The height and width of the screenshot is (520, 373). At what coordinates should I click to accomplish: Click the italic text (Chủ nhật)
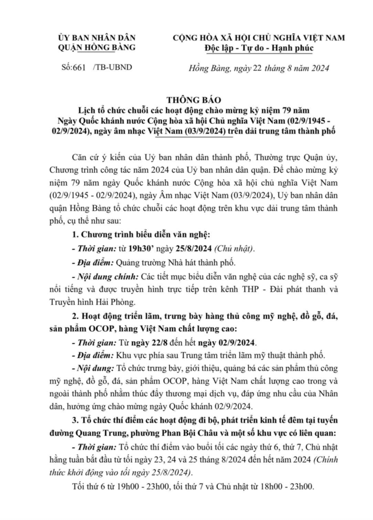tap(231, 249)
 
